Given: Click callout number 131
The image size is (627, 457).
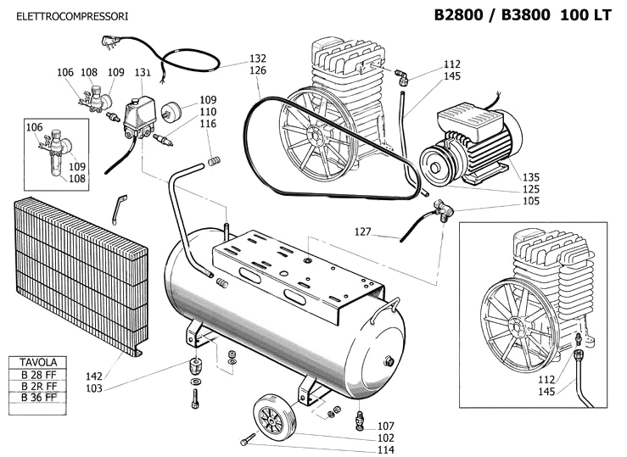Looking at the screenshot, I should pyautogui.click(x=143, y=73).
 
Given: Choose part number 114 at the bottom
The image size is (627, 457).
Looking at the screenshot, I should pyautogui.click(x=386, y=449).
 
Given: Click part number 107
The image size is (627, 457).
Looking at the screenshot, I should pyautogui.click(x=386, y=426).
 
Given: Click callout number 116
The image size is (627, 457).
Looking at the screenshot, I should pyautogui.click(x=208, y=124).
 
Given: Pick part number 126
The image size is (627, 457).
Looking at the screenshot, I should pyautogui.click(x=258, y=71).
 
